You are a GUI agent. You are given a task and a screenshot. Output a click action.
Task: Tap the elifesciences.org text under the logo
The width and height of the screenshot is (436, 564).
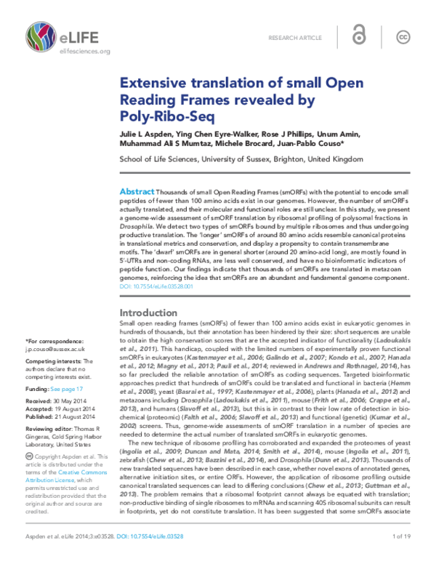click(65, 52)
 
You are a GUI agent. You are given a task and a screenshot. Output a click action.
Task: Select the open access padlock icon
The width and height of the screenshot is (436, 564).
click(357, 36)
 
